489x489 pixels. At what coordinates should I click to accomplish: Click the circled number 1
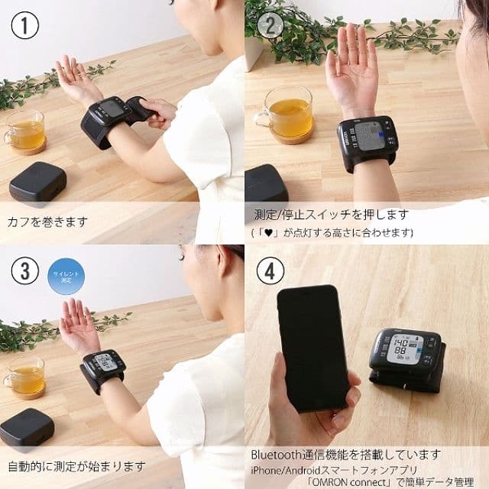24,25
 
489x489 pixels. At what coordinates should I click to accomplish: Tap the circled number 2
269,25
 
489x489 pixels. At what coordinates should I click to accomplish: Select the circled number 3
24,270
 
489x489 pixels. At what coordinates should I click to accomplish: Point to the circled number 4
269,270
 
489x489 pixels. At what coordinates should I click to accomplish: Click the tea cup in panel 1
24,131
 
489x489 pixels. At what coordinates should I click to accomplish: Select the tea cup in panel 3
24,375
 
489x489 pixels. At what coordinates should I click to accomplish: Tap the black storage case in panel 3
26,429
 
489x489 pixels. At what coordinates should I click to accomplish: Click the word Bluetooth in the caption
278,455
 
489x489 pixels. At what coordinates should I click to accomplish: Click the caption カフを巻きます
47,222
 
